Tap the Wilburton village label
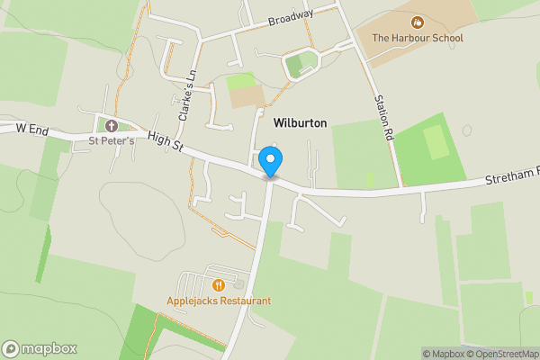(300, 122)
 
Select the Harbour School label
(418, 38)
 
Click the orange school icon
(418, 22)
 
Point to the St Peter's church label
(112, 140)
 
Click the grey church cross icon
(112, 125)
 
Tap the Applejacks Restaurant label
(218, 301)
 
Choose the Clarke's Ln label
(187, 97)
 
